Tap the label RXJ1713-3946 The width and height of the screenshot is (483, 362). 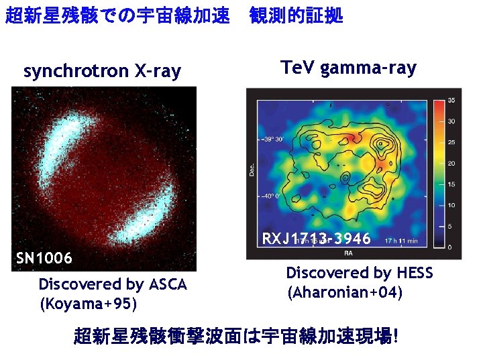[316, 239]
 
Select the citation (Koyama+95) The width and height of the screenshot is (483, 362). [89, 304]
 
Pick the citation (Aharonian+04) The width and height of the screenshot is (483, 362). [344, 293]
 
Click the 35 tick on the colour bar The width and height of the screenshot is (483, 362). [451, 101]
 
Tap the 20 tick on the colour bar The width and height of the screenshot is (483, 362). [451, 164]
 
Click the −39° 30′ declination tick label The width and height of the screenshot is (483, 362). [272, 139]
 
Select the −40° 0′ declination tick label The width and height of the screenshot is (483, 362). [272, 197]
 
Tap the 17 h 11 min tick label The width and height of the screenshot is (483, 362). [402, 240]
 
